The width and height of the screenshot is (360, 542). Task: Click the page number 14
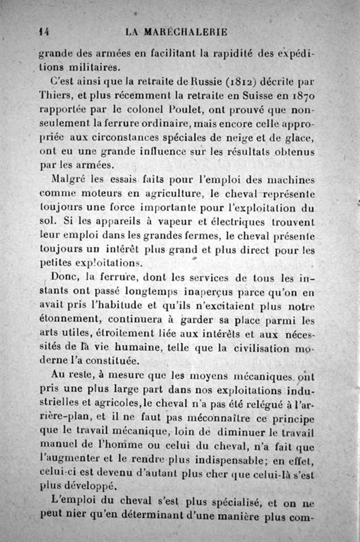point(44,32)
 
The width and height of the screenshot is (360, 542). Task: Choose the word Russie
point(176,82)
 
